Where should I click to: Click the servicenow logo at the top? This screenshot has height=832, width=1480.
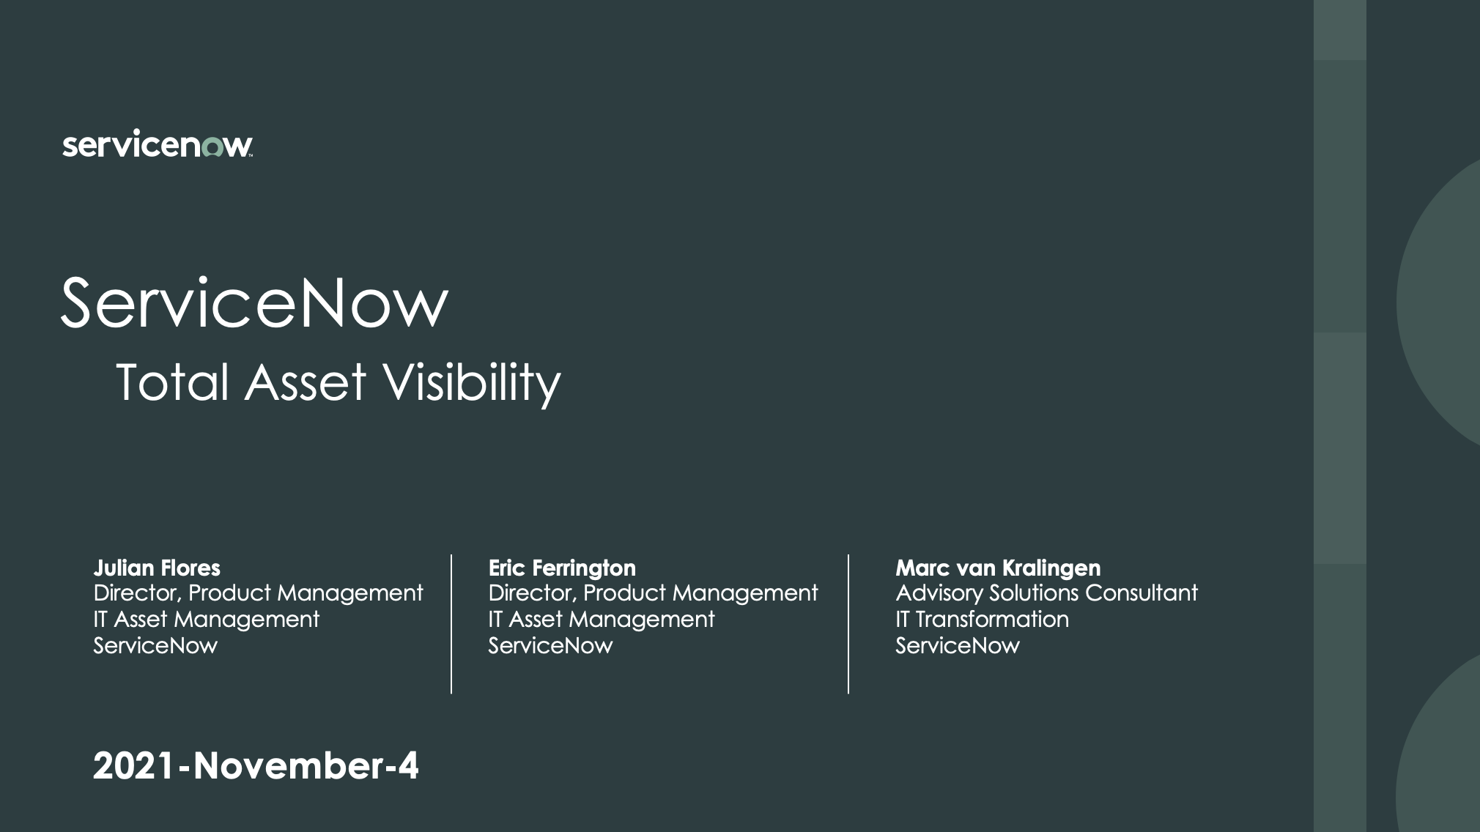[158, 145]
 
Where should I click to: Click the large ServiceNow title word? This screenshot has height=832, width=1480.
[254, 302]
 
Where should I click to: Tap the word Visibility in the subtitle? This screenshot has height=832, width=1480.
[473, 383]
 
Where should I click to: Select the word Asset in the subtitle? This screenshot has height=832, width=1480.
[306, 383]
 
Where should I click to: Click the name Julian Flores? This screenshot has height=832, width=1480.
[157, 568]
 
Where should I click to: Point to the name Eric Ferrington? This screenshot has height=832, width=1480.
[562, 568]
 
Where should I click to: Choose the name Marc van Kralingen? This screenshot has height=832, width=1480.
[998, 568]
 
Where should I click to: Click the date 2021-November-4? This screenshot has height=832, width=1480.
[256, 765]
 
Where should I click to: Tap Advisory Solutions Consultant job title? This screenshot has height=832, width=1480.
[1046, 593]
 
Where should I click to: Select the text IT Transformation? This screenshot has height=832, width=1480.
[982, 619]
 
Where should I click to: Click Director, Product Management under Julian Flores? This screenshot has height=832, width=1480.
[258, 593]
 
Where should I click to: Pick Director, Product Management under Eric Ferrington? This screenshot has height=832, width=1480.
[653, 593]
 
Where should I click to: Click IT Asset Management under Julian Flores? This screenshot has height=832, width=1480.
[206, 619]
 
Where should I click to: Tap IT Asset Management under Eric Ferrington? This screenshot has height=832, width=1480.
[601, 619]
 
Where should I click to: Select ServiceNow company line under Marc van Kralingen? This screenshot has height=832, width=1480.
[957, 645]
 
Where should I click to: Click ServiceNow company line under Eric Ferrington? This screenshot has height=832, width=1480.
[550, 645]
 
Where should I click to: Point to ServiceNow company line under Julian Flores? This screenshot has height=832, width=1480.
[155, 645]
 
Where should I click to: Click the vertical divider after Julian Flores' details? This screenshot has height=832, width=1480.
[451, 624]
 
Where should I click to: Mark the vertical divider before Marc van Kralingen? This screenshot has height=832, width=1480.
[848, 624]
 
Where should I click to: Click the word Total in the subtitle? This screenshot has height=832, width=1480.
[173, 383]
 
